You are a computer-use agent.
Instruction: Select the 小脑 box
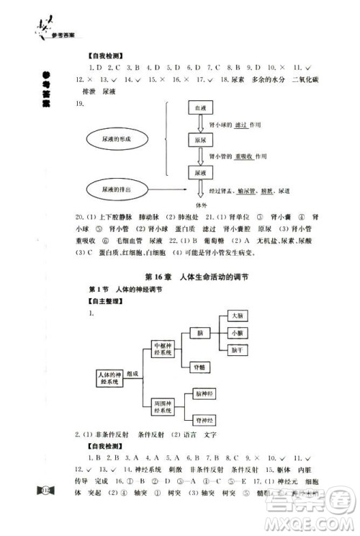point(238,333)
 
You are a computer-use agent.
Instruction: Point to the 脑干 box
point(238,350)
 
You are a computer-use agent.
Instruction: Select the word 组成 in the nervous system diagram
point(133,375)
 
